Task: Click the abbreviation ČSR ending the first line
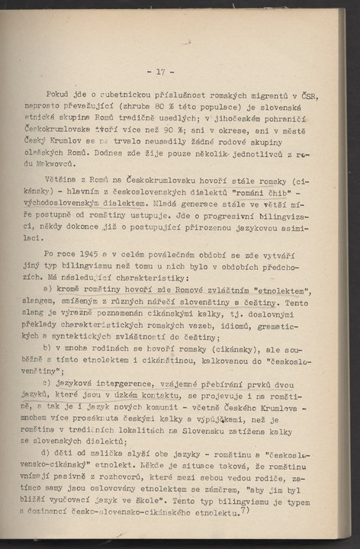(x=310, y=95)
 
